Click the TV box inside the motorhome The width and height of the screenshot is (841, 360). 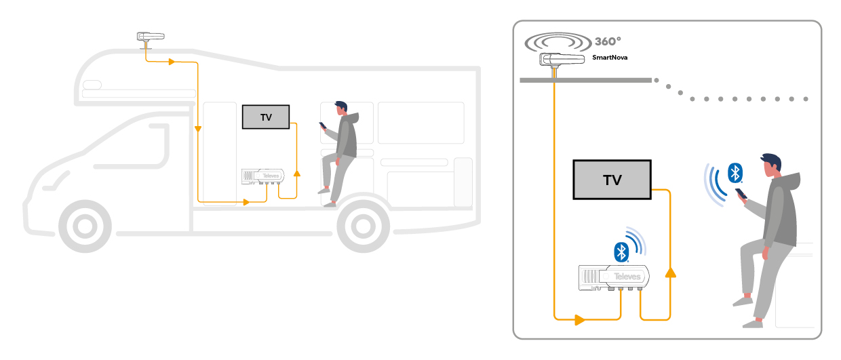(266, 117)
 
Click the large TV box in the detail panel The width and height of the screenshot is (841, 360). (612, 180)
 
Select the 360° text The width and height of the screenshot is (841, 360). (608, 41)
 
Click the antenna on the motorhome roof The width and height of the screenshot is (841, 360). (151, 37)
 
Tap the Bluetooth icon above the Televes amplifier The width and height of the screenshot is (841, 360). (620, 252)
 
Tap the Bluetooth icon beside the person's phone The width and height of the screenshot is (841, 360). (733, 172)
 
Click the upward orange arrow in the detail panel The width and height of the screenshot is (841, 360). (670, 273)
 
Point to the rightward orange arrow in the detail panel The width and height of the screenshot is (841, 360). (580, 319)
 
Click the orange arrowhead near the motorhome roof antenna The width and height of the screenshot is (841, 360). (172, 62)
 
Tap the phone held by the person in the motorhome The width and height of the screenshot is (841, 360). (323, 125)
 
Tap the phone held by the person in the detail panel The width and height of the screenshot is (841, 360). (741, 194)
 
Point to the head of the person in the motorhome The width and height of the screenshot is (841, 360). (340, 108)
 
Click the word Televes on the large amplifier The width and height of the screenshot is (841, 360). (627, 277)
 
